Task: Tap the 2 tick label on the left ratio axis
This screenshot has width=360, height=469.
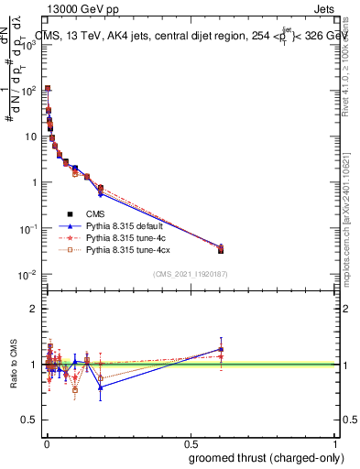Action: pos(35,309)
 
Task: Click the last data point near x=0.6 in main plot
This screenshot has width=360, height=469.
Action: pos(221,249)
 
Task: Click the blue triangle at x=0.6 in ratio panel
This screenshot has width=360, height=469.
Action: pos(221,349)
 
